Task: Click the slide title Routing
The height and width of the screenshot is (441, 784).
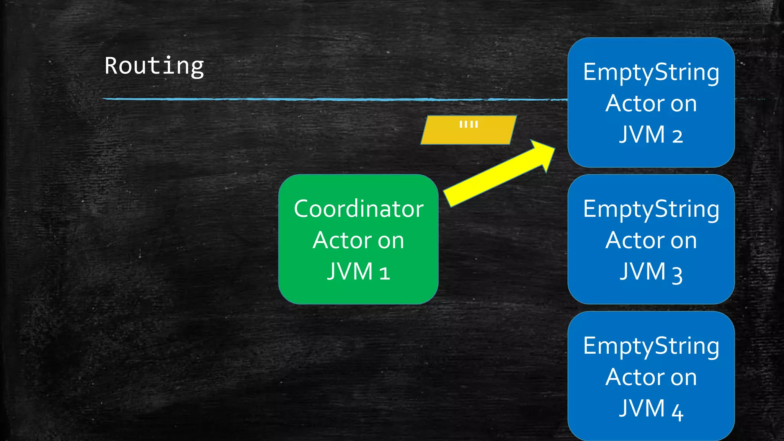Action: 154,66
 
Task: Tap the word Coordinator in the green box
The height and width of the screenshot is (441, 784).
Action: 359,209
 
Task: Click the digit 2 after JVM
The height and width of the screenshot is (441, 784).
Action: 677,136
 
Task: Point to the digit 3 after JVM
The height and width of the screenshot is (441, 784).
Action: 677,274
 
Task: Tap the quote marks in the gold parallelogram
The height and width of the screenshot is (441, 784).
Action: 469,124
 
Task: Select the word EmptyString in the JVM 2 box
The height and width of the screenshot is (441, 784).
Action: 651,73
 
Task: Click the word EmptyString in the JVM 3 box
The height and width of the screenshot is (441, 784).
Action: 651,210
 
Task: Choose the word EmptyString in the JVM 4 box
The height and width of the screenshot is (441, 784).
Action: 651,346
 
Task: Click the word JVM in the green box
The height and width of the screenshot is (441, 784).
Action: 350,271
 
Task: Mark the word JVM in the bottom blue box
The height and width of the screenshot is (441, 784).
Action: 642,408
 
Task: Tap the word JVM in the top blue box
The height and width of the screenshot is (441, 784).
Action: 642,134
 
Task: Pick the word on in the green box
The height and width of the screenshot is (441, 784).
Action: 391,241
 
